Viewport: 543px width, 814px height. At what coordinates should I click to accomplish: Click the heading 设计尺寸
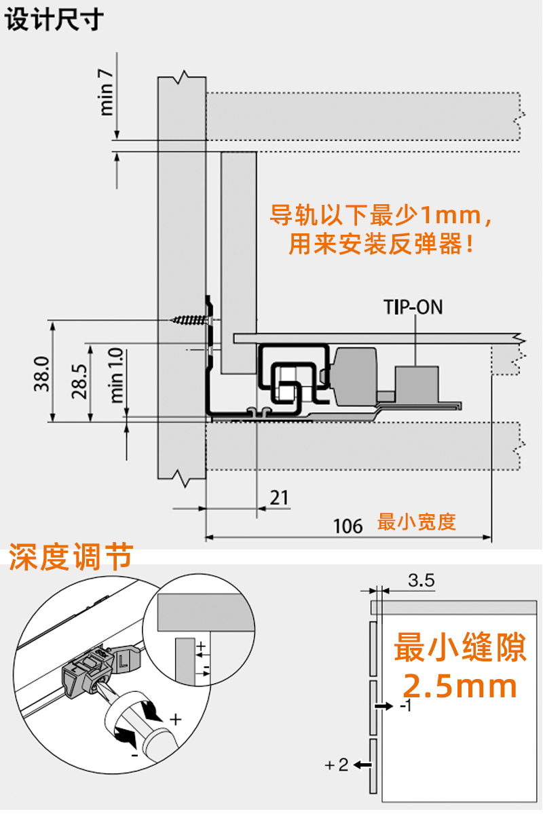click(x=54, y=20)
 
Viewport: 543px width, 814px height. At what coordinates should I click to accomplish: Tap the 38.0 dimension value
click(x=41, y=374)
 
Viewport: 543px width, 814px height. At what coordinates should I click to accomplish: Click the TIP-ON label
click(x=413, y=307)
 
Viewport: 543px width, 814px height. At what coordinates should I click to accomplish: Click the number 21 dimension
click(x=279, y=498)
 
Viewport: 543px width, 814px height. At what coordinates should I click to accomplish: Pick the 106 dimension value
click(x=348, y=526)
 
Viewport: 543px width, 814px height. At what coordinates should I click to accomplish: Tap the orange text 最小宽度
click(x=417, y=522)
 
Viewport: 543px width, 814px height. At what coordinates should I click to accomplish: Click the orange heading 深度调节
click(x=70, y=558)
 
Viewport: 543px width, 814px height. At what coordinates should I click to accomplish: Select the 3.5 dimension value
click(x=422, y=581)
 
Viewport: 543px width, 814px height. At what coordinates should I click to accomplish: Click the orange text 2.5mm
click(x=460, y=686)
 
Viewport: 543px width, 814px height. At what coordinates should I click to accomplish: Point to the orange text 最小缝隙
click(x=460, y=647)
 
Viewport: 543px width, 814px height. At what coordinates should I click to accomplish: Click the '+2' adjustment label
click(x=337, y=765)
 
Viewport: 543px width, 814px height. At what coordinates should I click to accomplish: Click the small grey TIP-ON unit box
click(x=417, y=381)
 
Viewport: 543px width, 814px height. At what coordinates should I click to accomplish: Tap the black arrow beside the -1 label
click(x=383, y=706)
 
